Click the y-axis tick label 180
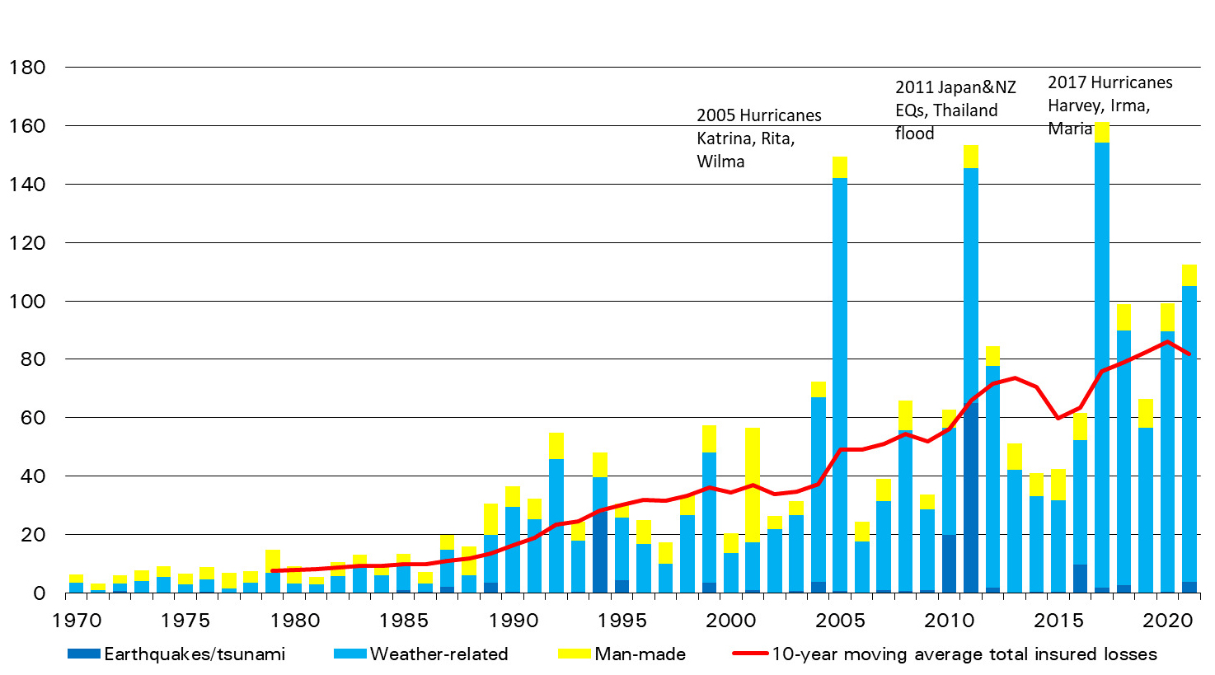click(26, 68)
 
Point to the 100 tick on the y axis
click(26, 302)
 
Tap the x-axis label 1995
click(622, 620)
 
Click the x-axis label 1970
click(76, 620)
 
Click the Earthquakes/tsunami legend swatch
click(84, 654)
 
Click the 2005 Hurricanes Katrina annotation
click(758, 138)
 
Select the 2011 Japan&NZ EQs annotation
click(955, 110)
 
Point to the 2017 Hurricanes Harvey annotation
click(1109, 105)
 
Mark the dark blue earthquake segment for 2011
click(971, 495)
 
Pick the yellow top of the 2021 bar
click(1189, 275)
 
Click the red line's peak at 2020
click(1167, 341)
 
